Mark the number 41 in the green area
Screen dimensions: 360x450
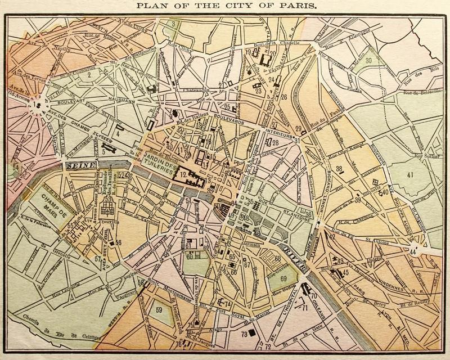(x=410, y=174)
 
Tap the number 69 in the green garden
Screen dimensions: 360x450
(x=284, y=278)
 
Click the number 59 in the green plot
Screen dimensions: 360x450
(x=159, y=309)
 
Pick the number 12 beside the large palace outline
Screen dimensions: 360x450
(x=183, y=175)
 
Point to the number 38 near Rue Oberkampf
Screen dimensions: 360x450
(x=339, y=169)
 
